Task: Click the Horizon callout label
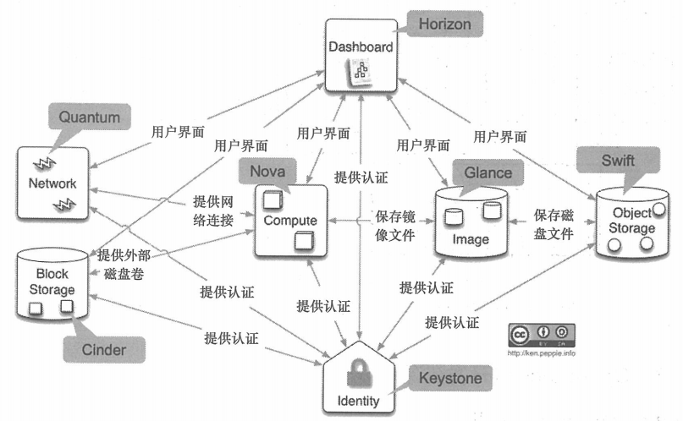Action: tap(445, 24)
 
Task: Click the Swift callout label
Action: tap(618, 160)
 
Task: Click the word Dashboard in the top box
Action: tap(361, 47)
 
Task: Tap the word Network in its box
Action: tap(52, 183)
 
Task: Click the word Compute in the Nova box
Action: tap(290, 221)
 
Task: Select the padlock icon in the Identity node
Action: tap(356, 373)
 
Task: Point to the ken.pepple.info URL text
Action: tap(542, 353)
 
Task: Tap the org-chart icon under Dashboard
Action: tap(361, 73)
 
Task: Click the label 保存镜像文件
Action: tap(396, 226)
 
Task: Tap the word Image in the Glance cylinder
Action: tap(471, 239)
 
